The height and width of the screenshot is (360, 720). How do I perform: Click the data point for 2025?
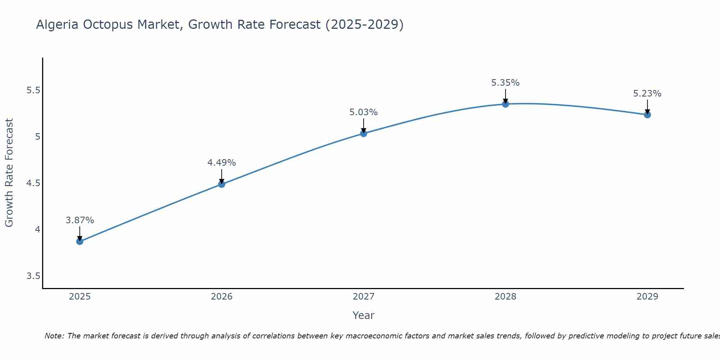pyautogui.click(x=80, y=241)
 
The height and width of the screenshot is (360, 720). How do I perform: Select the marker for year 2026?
pyautogui.click(x=222, y=184)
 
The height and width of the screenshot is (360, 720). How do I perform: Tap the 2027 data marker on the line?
pyautogui.click(x=364, y=134)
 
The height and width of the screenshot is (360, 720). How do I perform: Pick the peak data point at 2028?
pyautogui.click(x=505, y=104)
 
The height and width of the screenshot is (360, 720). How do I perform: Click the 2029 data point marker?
pyautogui.click(x=647, y=115)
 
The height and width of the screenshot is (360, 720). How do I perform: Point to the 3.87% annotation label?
pyautogui.click(x=80, y=220)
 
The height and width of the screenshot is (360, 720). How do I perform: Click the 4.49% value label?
pyautogui.click(x=222, y=163)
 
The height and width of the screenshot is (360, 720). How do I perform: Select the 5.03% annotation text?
pyautogui.click(x=364, y=112)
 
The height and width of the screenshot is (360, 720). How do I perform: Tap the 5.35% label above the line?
pyautogui.click(x=505, y=83)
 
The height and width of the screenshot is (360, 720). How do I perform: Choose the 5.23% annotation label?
pyautogui.click(x=647, y=94)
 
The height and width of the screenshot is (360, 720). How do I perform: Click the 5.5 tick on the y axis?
pyautogui.click(x=33, y=90)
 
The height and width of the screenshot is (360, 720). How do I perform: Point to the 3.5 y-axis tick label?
pyautogui.click(x=33, y=276)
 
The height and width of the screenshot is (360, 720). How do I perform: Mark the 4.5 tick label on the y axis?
pyautogui.click(x=33, y=183)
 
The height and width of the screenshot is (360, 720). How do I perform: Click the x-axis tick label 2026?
pyautogui.click(x=222, y=297)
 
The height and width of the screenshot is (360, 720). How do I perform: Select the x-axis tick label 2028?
pyautogui.click(x=505, y=297)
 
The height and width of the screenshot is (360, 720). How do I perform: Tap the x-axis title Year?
pyautogui.click(x=364, y=315)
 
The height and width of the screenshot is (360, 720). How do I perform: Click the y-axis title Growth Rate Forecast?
pyautogui.click(x=9, y=173)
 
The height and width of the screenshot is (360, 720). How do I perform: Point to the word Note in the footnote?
pyautogui.click(x=54, y=336)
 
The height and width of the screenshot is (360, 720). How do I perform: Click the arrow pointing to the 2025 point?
pyautogui.click(x=80, y=233)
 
